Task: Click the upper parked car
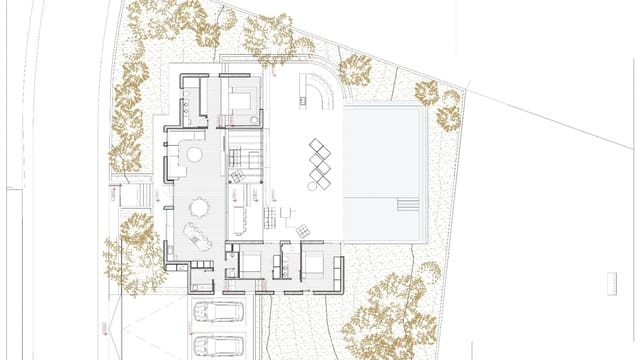tap(218, 313)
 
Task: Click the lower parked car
tap(218, 346)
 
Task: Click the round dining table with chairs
tap(199, 207)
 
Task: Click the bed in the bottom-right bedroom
tap(313, 265)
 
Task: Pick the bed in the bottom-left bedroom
tap(250, 265)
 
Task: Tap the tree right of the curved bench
tap(355, 69)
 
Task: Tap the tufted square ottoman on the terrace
tap(238, 177)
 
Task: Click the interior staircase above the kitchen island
tap(245, 158)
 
